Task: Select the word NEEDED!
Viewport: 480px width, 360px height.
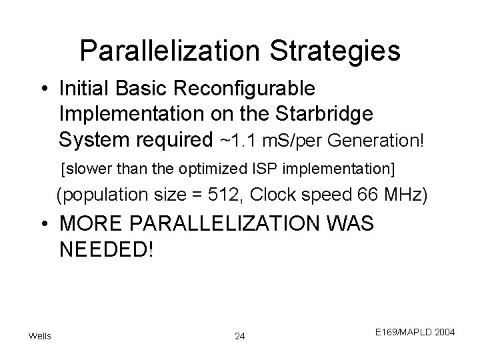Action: click(x=106, y=250)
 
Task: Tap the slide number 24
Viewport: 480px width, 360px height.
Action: click(x=240, y=336)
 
